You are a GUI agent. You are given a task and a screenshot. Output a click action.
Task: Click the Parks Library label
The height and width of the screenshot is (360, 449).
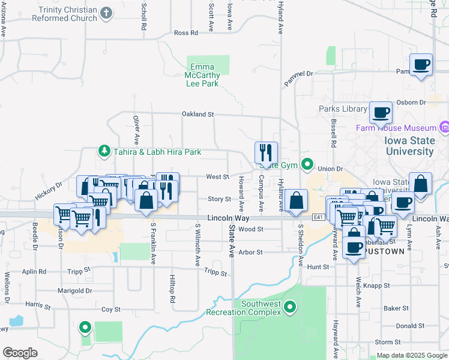pyautogui.click(x=343, y=109)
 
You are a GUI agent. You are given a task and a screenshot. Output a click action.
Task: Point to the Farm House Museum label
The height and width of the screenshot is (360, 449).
pyautogui.click(x=396, y=128)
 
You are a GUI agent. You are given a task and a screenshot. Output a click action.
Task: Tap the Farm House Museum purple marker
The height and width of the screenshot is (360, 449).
pyautogui.click(x=444, y=127)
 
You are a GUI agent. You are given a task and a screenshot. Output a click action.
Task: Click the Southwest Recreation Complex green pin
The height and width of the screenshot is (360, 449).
pyautogui.click(x=291, y=308)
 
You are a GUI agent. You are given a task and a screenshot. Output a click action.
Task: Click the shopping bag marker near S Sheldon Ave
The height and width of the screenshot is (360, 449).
pyautogui.click(x=297, y=201)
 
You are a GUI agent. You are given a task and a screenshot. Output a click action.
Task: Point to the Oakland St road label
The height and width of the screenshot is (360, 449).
pyautogui.click(x=198, y=114)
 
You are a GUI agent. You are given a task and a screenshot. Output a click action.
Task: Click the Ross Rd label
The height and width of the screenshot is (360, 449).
pyautogui.click(x=185, y=33)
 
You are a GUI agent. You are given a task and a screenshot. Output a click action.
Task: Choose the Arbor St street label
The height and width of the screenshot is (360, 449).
pyautogui.click(x=252, y=253)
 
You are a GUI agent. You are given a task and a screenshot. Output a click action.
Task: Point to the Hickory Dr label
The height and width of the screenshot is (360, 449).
pyautogui.click(x=49, y=190)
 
